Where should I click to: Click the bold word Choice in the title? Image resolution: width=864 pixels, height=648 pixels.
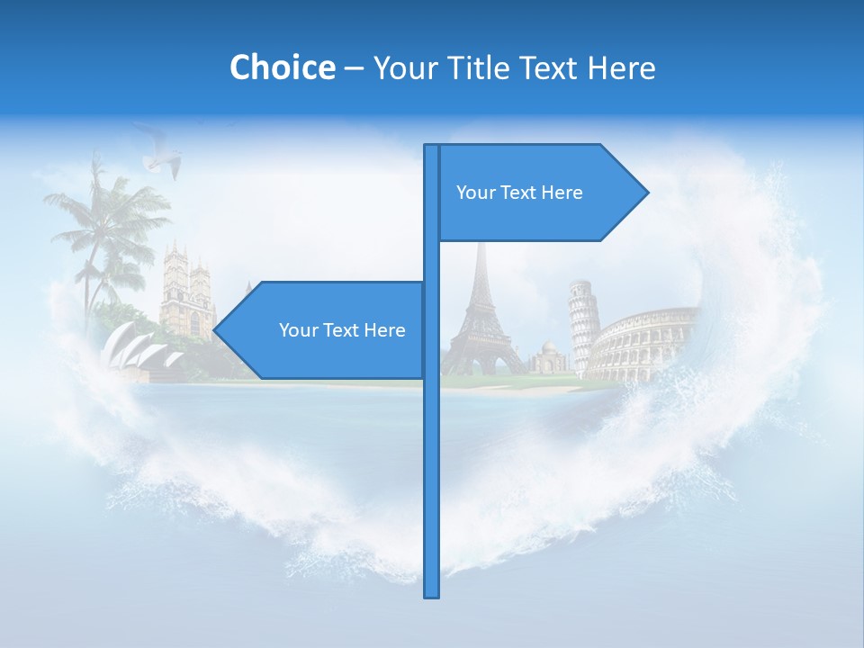282,67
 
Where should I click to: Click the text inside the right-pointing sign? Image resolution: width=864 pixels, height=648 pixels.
519,193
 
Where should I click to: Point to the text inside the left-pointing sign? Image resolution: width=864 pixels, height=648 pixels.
342,330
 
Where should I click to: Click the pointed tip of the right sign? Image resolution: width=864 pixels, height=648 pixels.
645,192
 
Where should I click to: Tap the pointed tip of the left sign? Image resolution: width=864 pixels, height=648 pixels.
216,330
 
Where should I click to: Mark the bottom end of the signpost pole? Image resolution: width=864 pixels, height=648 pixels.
431,594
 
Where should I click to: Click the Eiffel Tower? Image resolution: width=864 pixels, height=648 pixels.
481,315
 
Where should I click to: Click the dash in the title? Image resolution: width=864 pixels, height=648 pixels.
354,68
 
